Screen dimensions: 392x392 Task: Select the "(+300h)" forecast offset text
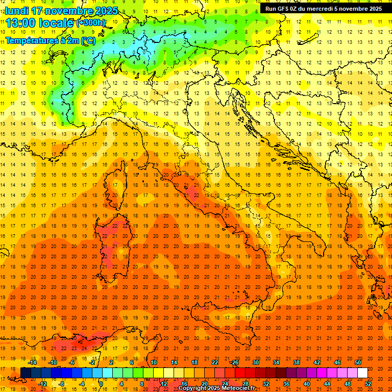point(91,23)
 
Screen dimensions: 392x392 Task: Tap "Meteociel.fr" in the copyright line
point(238,388)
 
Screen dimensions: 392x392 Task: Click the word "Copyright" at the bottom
point(192,388)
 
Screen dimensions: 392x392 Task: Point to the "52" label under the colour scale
point(368,384)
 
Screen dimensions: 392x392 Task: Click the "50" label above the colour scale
point(358,362)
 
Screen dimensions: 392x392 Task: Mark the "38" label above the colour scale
point(297,362)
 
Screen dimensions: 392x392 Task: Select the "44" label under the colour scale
point(327,384)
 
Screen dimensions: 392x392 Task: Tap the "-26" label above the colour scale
point(234,362)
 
